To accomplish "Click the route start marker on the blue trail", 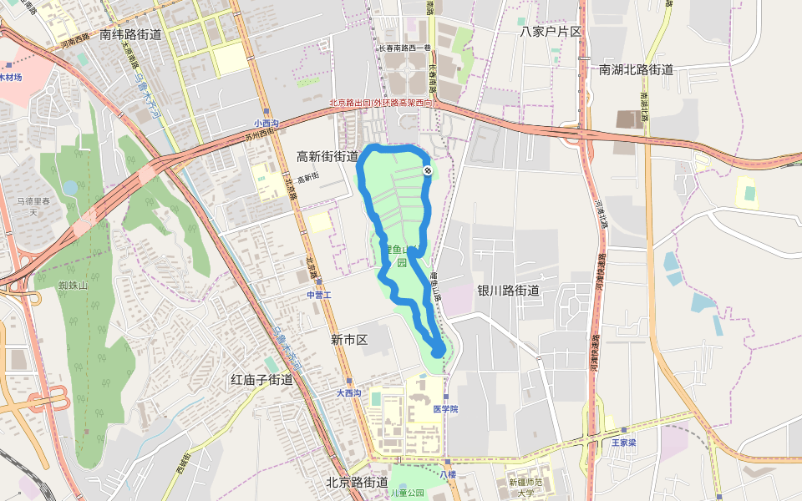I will [428, 170].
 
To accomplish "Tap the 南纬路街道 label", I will [129, 35].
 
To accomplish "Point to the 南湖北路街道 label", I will [636, 69].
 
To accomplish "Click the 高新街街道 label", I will [327, 156].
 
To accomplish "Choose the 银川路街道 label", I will [508, 291].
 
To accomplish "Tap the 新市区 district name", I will [349, 340].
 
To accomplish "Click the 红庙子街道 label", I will [261, 380].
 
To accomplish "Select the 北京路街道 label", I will [357, 483].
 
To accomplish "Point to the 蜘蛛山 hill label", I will [73, 286].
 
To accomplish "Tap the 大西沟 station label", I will [349, 392].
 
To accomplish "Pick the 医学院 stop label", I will [445, 409].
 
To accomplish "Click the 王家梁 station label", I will [623, 443].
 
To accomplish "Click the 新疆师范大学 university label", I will [525, 488].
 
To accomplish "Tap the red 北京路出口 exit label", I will [383, 103].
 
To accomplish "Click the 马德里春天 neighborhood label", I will [34, 207].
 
